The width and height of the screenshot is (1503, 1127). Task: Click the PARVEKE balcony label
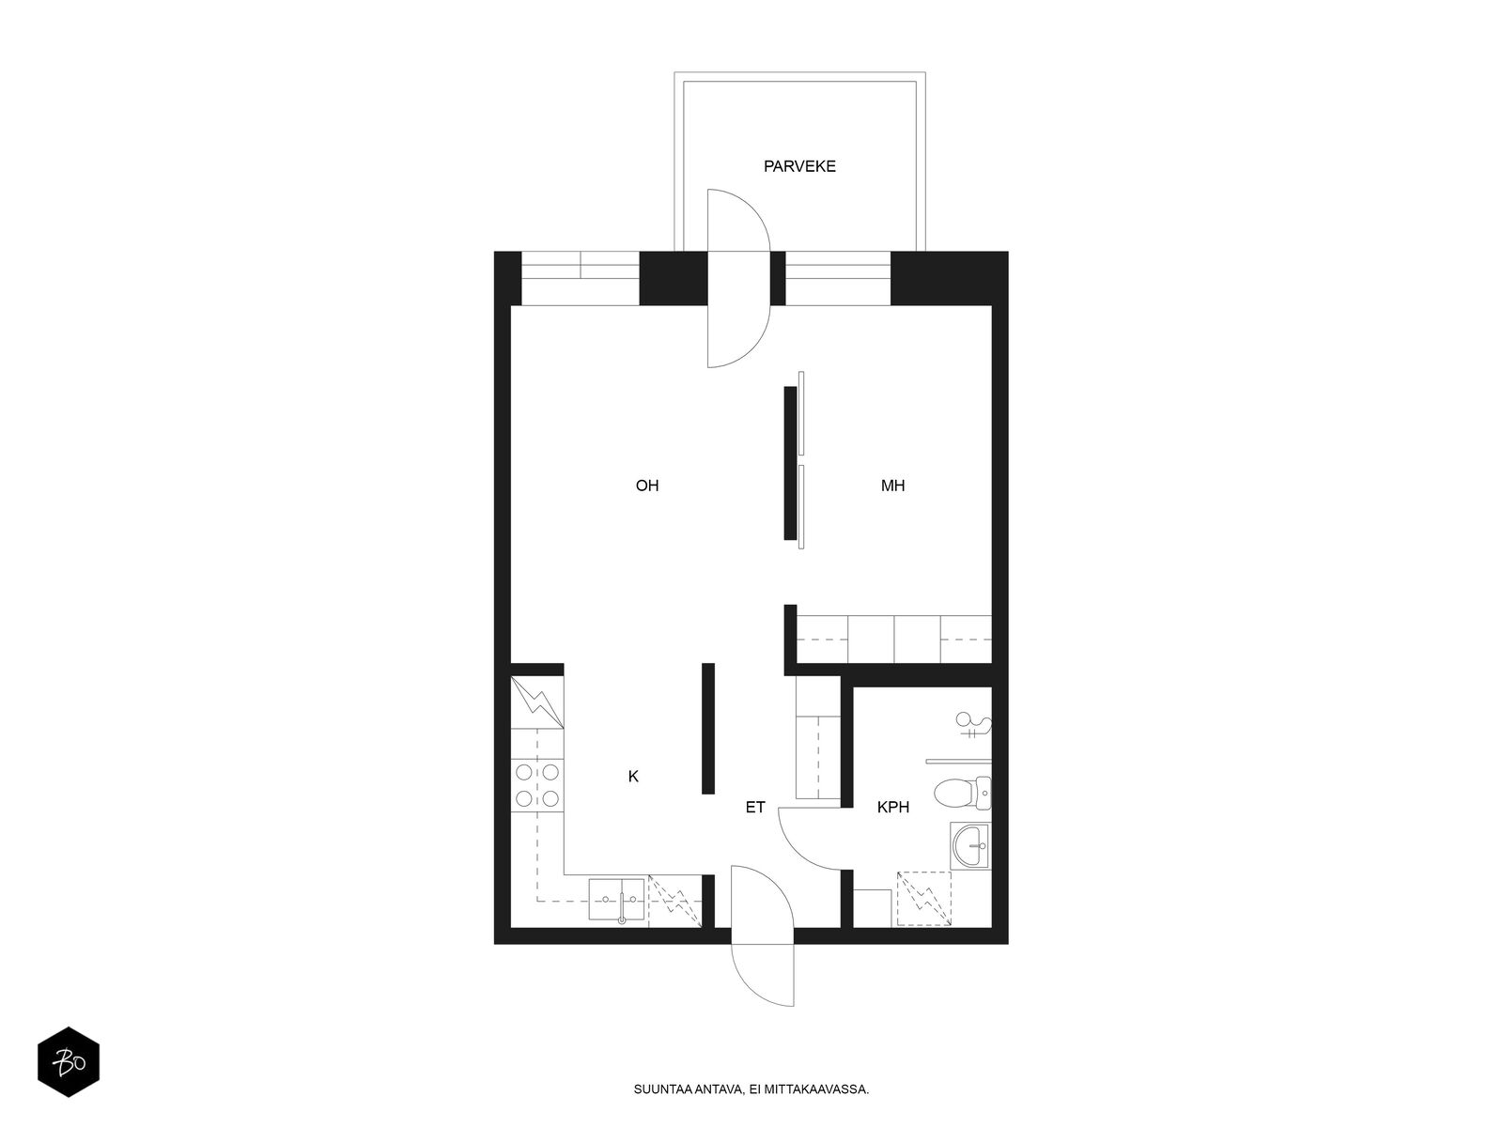(x=799, y=167)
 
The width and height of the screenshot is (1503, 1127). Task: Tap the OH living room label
(x=647, y=486)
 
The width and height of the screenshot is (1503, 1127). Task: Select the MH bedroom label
(x=892, y=486)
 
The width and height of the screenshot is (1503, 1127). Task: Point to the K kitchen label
(x=633, y=777)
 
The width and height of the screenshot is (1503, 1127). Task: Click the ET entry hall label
(x=755, y=807)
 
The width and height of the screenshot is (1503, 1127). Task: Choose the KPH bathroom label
(x=892, y=807)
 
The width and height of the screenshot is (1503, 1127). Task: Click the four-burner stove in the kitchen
(x=536, y=785)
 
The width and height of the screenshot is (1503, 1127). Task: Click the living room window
(x=580, y=278)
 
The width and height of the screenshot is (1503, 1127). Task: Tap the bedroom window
(x=837, y=278)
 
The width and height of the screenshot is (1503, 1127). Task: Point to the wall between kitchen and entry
(x=708, y=728)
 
